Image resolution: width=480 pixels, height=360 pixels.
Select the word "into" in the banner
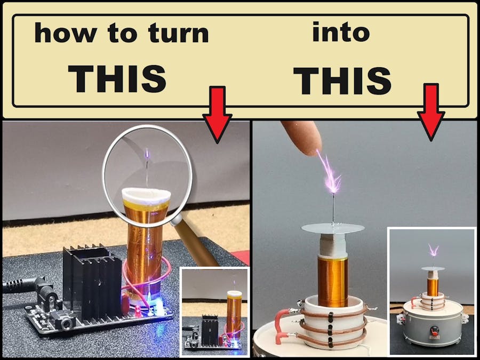(x=341, y=31)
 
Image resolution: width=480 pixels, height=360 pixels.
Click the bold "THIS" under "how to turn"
(x=117, y=79)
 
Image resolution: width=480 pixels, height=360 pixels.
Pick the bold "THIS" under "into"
(x=342, y=81)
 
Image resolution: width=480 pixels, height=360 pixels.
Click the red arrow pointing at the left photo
(x=218, y=115)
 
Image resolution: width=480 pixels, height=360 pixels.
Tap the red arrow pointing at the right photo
(x=431, y=112)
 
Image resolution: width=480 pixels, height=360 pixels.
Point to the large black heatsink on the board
(x=92, y=282)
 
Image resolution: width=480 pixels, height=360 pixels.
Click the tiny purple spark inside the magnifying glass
(x=147, y=154)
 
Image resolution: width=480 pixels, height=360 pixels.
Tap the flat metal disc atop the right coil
(x=333, y=228)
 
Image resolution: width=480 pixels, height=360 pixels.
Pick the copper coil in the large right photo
(x=332, y=282)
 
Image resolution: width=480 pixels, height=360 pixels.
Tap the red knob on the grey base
(x=434, y=331)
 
